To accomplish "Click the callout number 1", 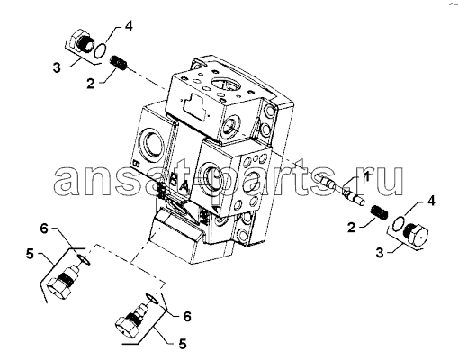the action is pos(366,176).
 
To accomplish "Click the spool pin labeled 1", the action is pos(343,191).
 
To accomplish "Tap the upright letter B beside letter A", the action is pos(174,180).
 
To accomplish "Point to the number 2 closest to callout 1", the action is pos(352,227).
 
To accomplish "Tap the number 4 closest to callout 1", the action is pos(431,201).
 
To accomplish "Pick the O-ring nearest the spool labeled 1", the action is pos(398,224).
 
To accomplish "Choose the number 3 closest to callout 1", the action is pos(380,253).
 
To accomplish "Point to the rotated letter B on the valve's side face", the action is pos(136,164).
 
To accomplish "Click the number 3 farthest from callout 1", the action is pos(57,67).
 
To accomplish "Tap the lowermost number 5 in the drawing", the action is pos(183,344).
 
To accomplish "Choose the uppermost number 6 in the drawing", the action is pos(44,229).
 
